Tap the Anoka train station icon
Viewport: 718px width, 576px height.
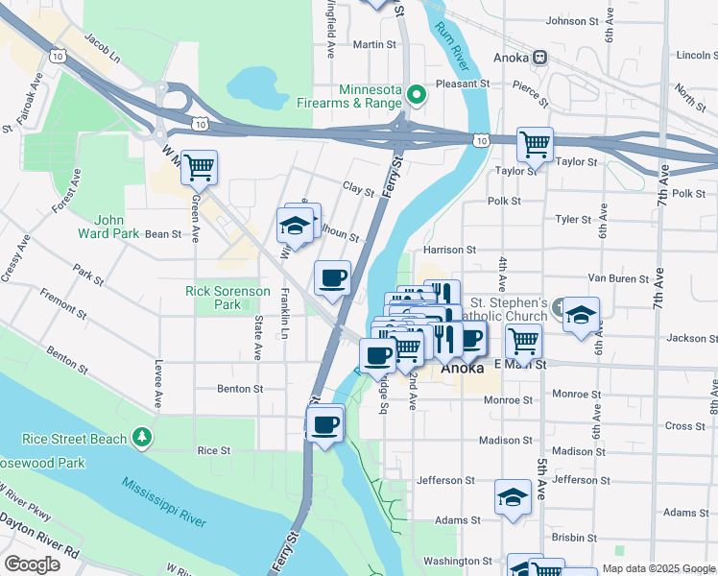pyautogui.click(x=541, y=57)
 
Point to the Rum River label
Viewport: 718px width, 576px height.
pyautogui.click(x=456, y=46)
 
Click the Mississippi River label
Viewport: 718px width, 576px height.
pyautogui.click(x=163, y=499)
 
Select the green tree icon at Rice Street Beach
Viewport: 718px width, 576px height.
pyautogui.click(x=143, y=439)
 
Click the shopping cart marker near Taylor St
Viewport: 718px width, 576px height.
pyautogui.click(x=535, y=145)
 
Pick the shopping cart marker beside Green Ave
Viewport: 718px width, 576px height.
pyautogui.click(x=199, y=167)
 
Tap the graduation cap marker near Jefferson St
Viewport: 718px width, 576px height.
pyautogui.click(x=513, y=497)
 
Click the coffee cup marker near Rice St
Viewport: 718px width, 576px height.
pyautogui.click(x=325, y=423)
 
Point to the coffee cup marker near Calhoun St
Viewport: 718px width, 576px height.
pyautogui.click(x=333, y=278)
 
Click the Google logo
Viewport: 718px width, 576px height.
pyautogui.click(x=32, y=564)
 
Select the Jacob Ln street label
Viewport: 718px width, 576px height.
pyautogui.click(x=102, y=49)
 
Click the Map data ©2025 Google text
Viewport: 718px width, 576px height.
pyautogui.click(x=658, y=569)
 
